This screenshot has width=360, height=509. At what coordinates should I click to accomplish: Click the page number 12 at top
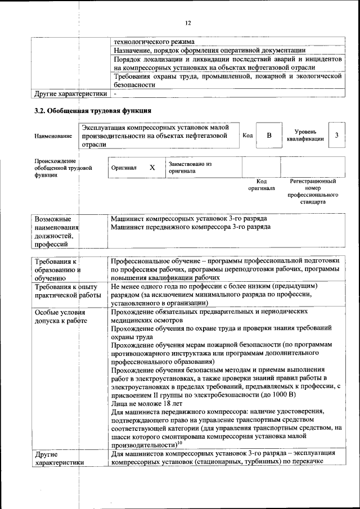tap(188, 22)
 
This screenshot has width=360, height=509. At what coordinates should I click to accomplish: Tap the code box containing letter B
tap(269, 136)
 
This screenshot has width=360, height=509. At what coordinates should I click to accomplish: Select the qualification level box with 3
tap(336, 136)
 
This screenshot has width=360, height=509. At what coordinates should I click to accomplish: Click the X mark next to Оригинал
tap(152, 168)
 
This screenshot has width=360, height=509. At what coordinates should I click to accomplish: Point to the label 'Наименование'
tap(53, 136)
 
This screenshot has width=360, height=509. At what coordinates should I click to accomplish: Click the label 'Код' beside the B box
tap(247, 136)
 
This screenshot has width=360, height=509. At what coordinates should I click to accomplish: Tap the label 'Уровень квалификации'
tap(308, 136)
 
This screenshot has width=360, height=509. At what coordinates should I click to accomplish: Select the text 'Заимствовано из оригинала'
tap(190, 166)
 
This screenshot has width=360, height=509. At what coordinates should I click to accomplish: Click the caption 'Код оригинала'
tap(261, 184)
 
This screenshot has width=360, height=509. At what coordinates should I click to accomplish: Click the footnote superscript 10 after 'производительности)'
tap(182, 443)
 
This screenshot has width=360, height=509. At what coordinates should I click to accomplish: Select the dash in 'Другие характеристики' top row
tap(114, 93)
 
